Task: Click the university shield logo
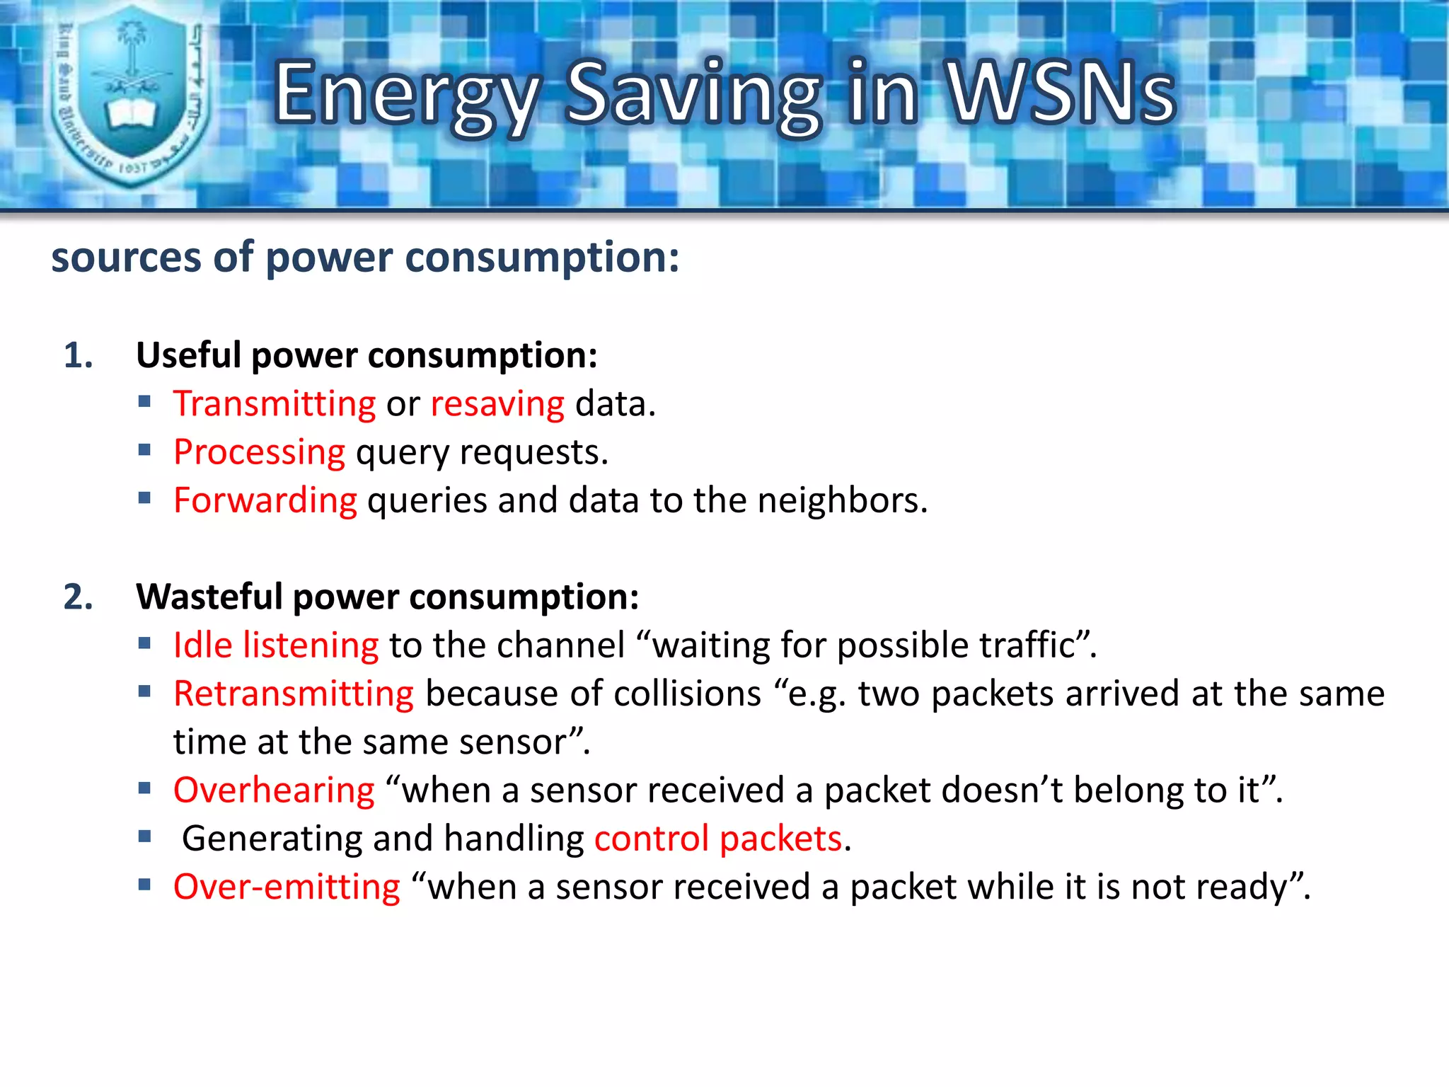(x=132, y=96)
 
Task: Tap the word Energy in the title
(x=407, y=96)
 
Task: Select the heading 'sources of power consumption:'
(x=365, y=257)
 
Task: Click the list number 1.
(x=78, y=355)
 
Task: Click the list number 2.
(x=78, y=597)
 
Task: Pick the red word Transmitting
(x=275, y=404)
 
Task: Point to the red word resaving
(x=497, y=404)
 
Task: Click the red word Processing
(x=260, y=452)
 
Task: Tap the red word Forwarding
(x=265, y=500)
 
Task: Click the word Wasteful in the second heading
(x=209, y=597)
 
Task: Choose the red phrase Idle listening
(x=276, y=645)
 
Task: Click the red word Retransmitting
(x=294, y=694)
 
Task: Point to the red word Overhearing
(x=274, y=790)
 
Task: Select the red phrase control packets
(x=718, y=839)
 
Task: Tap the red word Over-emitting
(x=287, y=887)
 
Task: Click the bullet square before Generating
(x=145, y=837)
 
